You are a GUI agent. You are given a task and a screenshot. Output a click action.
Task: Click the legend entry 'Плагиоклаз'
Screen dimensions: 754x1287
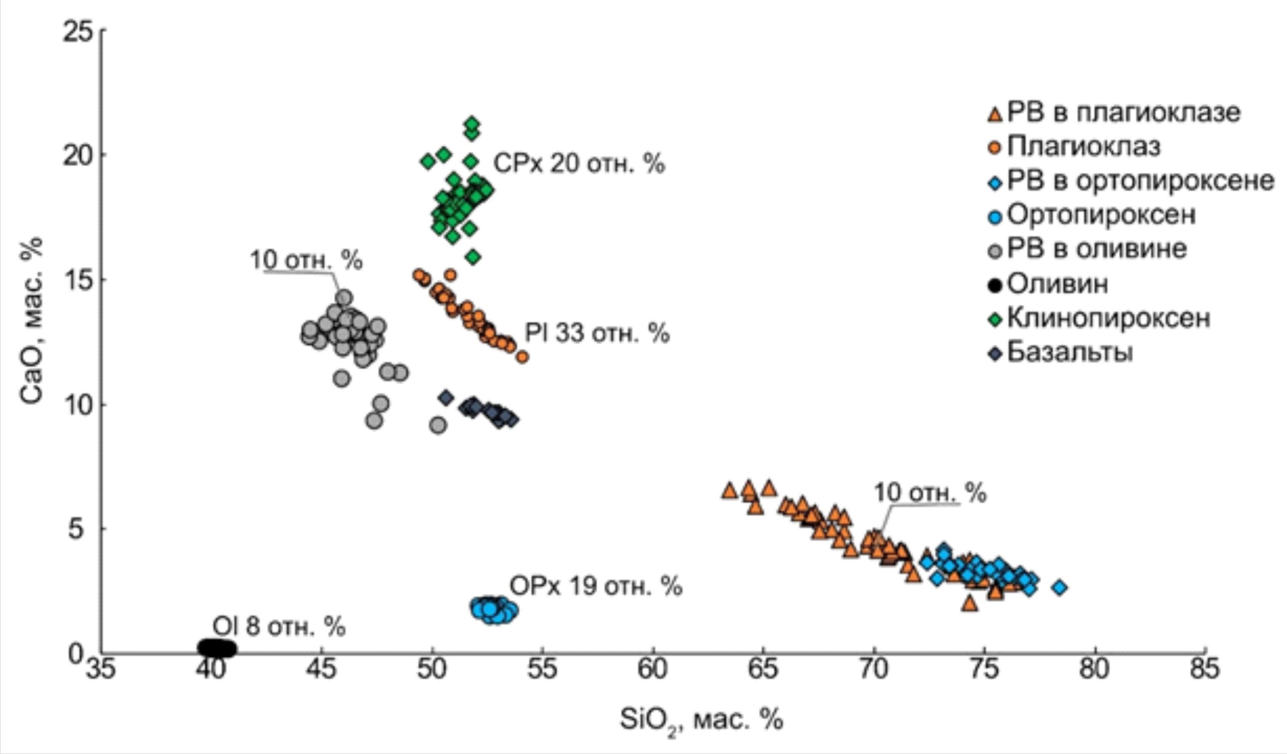click(1083, 146)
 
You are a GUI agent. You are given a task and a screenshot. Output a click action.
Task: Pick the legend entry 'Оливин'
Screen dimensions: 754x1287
click(1057, 284)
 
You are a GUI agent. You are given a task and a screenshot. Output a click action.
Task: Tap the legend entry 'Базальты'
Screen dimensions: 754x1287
click(1069, 353)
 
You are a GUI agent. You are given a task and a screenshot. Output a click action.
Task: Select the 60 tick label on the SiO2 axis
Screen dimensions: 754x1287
click(653, 669)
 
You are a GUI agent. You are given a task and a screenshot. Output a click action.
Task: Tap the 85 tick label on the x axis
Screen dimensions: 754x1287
click(1204, 669)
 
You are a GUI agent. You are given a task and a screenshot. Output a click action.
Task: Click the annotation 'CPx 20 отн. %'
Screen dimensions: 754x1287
click(579, 164)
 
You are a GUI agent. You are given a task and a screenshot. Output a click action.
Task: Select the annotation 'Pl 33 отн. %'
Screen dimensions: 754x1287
click(597, 333)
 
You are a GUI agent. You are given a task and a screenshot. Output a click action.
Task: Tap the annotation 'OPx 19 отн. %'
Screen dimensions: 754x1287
click(596, 587)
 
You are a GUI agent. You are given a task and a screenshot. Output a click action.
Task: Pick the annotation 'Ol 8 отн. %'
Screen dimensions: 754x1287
click(279, 626)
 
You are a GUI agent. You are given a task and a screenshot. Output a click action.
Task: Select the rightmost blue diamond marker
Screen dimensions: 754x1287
click(1059, 588)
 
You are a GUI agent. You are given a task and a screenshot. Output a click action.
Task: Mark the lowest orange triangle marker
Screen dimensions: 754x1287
click(969, 604)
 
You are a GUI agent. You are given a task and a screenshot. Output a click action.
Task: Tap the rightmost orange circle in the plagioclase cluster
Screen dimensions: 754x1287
click(522, 357)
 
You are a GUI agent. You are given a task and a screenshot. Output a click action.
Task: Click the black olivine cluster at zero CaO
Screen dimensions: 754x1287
click(217, 648)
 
